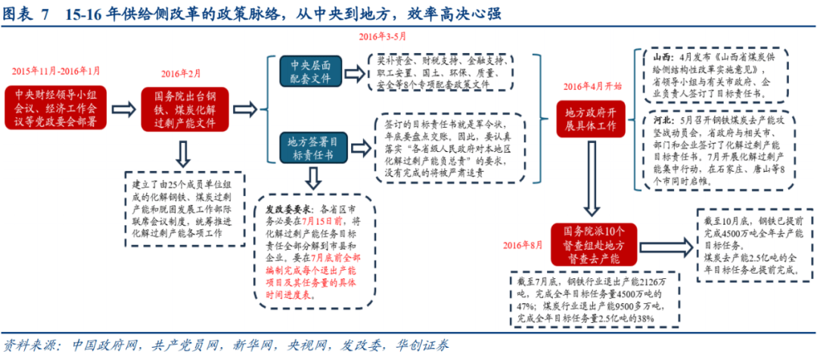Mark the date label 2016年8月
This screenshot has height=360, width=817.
click(x=523, y=245)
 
